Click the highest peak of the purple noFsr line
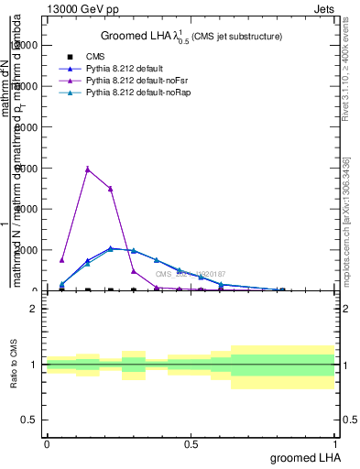[x=87, y=169]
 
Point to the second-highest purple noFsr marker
[x=110, y=189]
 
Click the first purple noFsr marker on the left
[x=62, y=260]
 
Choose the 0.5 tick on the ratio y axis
[x=32, y=420]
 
